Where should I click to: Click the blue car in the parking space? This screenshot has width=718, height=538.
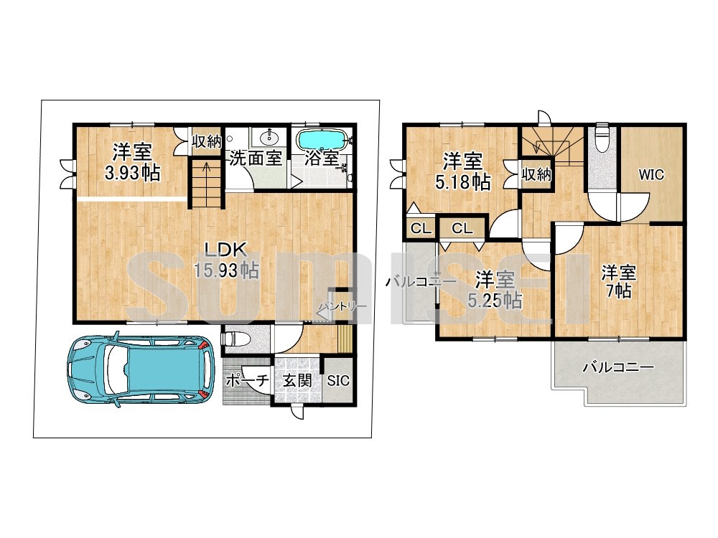point(141,370)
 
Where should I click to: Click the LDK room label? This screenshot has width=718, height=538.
point(225,250)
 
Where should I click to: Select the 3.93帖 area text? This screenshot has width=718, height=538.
point(132,174)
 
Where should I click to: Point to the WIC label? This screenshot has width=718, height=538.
point(651,175)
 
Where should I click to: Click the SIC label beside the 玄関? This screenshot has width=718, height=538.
point(338,381)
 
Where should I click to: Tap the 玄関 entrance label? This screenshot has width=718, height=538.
point(297,381)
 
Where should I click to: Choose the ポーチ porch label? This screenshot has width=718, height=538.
point(247,381)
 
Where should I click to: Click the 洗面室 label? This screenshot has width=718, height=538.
point(255,159)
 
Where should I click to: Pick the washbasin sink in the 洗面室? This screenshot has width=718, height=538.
point(268,137)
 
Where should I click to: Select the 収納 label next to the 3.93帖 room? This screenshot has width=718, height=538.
point(207,141)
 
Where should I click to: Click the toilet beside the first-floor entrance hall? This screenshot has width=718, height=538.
point(237,339)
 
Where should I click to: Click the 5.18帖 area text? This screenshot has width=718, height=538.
point(462,182)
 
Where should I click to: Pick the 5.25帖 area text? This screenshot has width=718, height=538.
point(495,301)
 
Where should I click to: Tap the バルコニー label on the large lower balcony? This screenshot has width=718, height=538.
point(618,367)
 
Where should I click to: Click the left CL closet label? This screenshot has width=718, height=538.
point(420,228)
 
